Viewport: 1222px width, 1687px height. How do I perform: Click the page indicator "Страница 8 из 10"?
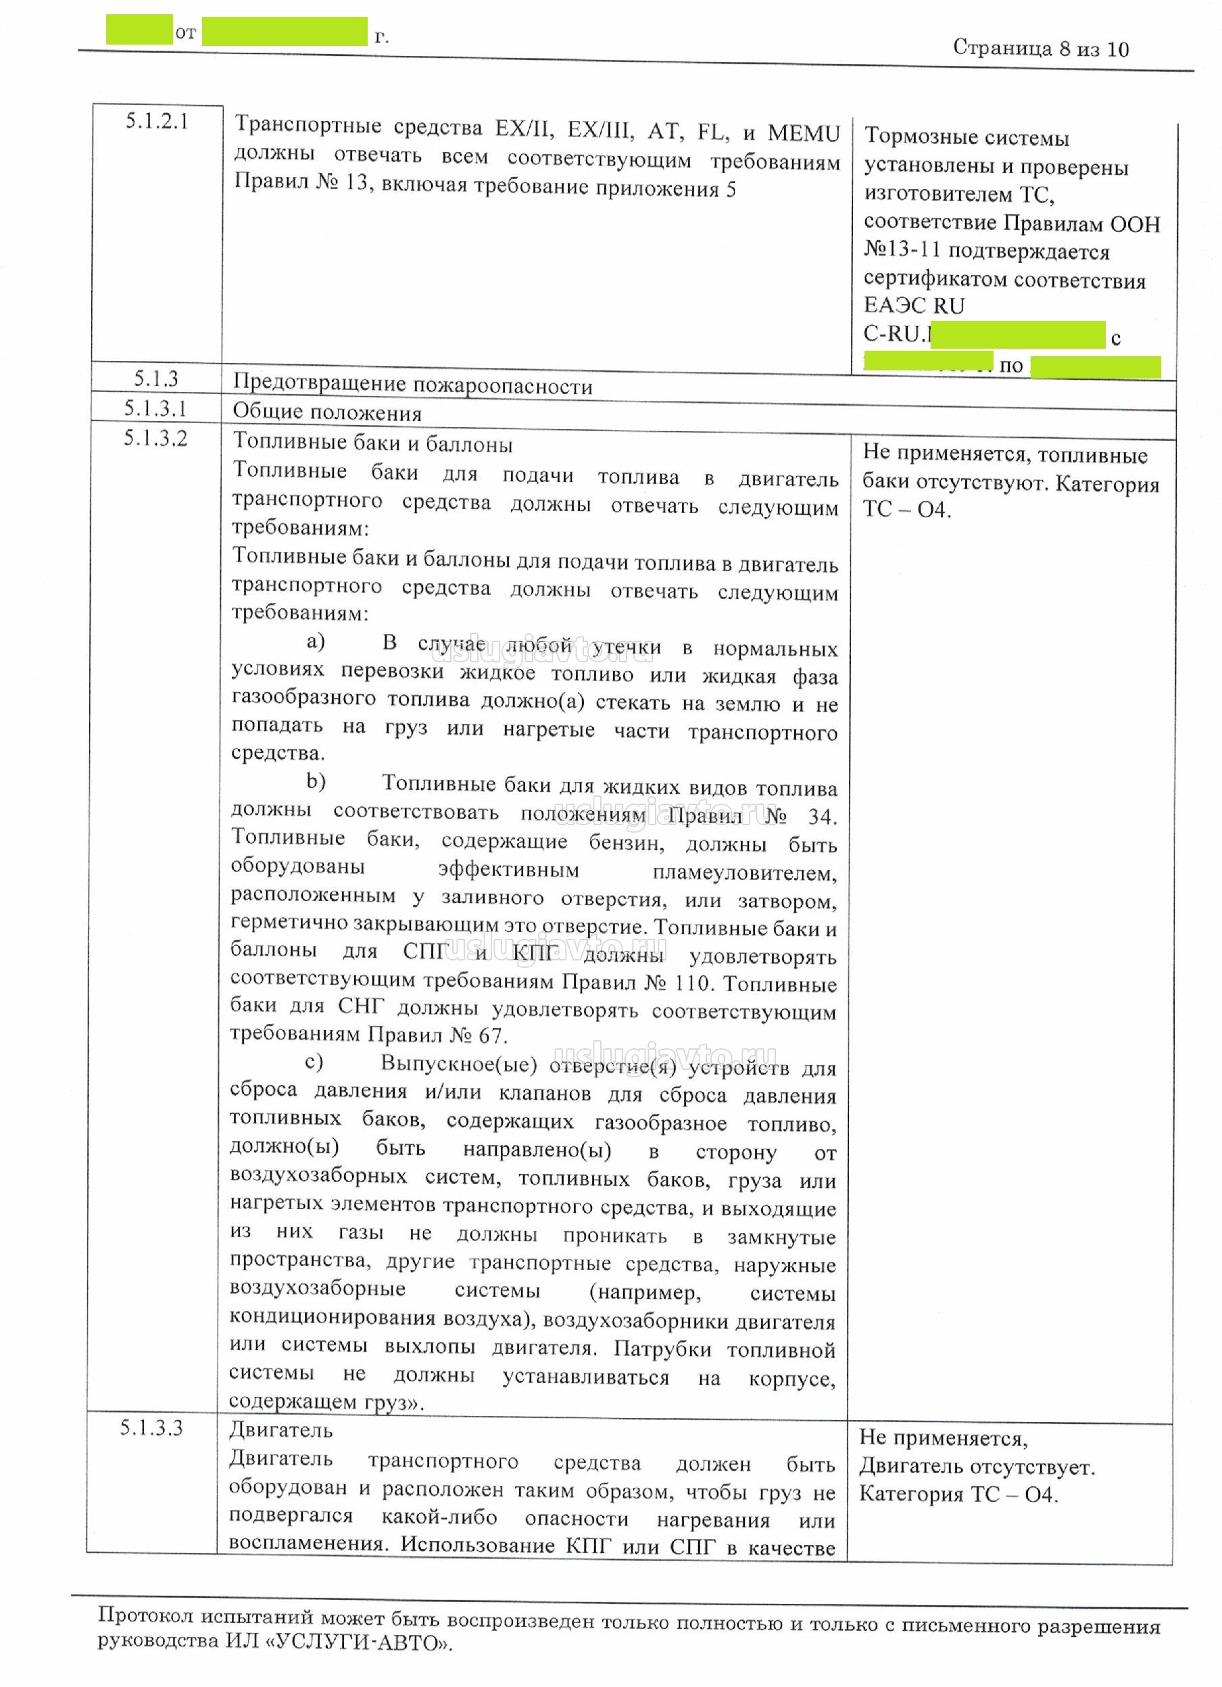[x=1040, y=49]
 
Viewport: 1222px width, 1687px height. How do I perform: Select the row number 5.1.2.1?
[x=156, y=121]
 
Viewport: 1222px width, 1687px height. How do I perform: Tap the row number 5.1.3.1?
[x=155, y=408]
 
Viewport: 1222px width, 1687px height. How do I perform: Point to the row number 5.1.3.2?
[x=155, y=438]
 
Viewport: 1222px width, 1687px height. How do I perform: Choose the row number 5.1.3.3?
[x=151, y=1427]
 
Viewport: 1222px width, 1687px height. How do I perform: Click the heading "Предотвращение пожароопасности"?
[x=412, y=385]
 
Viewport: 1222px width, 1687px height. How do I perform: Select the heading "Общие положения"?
[x=326, y=412]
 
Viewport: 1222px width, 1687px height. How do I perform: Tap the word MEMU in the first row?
[x=803, y=134]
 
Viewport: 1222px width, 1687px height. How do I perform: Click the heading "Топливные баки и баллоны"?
[x=372, y=444]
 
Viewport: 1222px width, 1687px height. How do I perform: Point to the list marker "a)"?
[x=316, y=641]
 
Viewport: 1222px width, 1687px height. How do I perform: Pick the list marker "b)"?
[x=316, y=781]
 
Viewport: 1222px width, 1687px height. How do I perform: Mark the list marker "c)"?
[x=314, y=1061]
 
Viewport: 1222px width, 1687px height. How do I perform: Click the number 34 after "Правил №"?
[x=822, y=816]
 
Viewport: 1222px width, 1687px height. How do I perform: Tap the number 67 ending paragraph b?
[x=489, y=1035]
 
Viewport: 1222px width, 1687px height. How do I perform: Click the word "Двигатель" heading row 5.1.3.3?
[x=280, y=1429]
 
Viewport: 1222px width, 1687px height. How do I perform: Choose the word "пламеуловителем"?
[x=743, y=873]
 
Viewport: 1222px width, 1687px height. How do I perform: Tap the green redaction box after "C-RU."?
[x=1017, y=335]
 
